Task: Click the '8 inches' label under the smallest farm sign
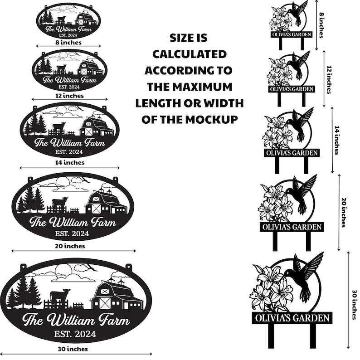(68, 43)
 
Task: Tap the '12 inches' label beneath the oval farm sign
(69, 96)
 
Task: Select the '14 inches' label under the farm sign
(69, 163)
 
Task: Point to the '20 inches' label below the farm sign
(70, 246)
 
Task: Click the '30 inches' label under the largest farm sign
(73, 349)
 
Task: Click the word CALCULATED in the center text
(190, 54)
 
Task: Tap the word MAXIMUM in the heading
(202, 87)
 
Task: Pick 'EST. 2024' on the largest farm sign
(75, 334)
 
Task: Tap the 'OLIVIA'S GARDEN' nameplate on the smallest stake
(292, 34)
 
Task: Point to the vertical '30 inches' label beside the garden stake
(355, 305)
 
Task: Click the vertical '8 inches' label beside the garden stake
(321, 25)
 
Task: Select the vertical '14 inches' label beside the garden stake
(337, 140)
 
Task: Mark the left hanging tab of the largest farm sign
(23, 267)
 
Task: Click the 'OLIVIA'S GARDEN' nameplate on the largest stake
(292, 318)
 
